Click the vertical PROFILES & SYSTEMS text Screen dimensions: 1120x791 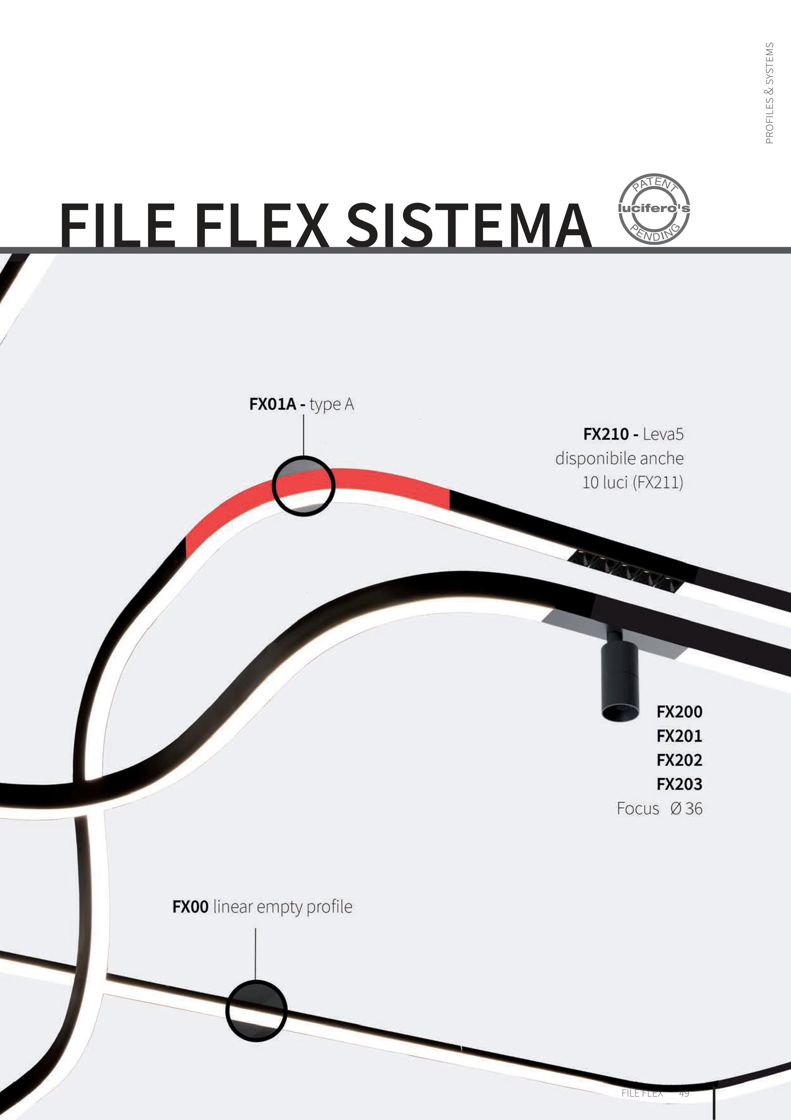coord(769,93)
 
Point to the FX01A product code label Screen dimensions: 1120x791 coord(272,404)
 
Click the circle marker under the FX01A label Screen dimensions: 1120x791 coord(303,486)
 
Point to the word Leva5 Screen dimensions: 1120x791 coord(663,434)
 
